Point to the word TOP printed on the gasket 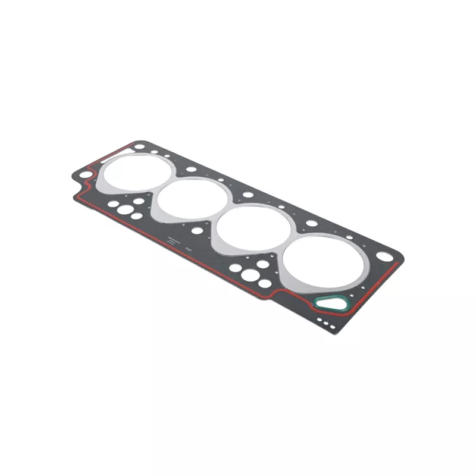(188, 248)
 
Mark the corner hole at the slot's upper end (139, 145)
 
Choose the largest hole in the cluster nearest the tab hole (126, 209)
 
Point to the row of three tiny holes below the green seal (325, 322)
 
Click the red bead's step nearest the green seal (275, 293)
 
